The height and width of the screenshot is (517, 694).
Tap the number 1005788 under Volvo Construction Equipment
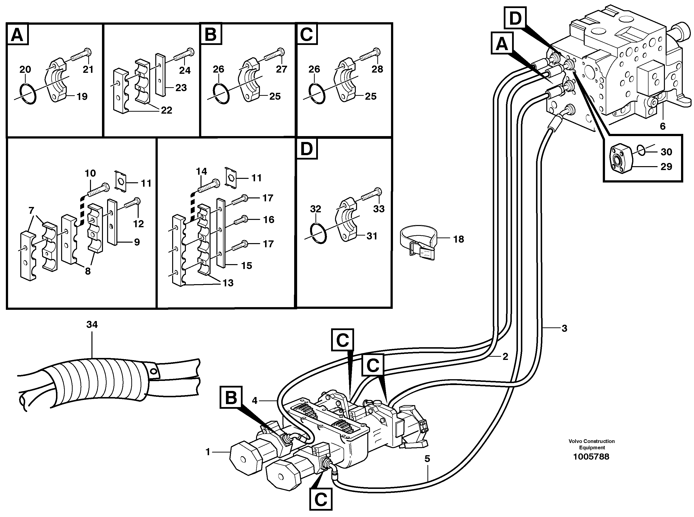(x=591, y=457)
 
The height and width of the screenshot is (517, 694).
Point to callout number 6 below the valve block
(x=663, y=126)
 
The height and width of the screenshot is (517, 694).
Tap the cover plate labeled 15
(x=221, y=233)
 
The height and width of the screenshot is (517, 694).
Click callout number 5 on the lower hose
(x=427, y=459)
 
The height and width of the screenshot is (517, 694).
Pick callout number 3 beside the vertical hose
(x=564, y=329)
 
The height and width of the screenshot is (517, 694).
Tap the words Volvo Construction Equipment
(x=591, y=444)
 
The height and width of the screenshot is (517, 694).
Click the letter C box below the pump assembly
(x=321, y=499)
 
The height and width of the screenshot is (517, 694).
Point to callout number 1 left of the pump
(x=208, y=452)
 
